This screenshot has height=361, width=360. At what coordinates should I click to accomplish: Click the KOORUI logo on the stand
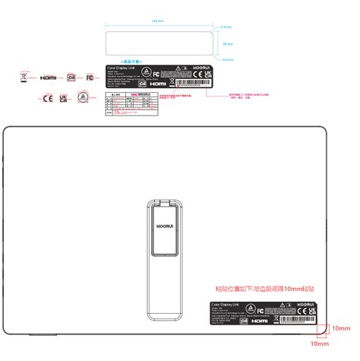(x=163, y=226)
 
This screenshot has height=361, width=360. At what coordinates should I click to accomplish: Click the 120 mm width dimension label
(x=156, y=21)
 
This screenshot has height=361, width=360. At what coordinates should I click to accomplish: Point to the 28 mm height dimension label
(x=228, y=44)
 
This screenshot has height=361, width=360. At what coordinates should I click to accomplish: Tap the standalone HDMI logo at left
(x=49, y=78)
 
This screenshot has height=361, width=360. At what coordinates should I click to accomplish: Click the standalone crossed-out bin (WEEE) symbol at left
(x=25, y=77)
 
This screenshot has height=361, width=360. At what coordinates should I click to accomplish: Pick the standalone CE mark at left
(x=47, y=98)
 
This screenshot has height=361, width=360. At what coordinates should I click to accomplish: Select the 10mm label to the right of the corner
(x=339, y=328)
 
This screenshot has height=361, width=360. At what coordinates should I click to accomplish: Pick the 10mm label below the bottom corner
(x=318, y=344)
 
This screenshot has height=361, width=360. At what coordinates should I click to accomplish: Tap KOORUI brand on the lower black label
(x=306, y=302)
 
